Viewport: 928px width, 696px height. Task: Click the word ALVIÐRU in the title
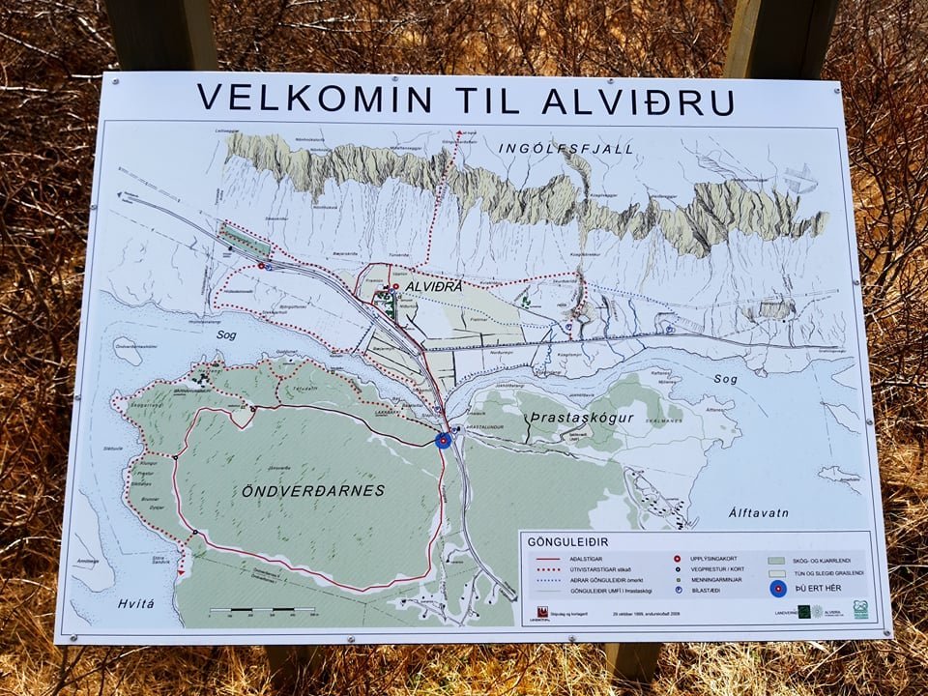click(638, 100)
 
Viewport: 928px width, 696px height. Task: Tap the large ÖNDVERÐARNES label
click(312, 490)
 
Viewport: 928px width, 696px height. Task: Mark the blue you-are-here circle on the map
click(444, 441)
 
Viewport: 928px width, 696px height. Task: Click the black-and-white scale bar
click(262, 611)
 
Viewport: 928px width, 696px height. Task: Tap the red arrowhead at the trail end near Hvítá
click(180, 573)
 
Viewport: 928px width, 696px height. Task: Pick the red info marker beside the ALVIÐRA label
click(395, 287)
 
